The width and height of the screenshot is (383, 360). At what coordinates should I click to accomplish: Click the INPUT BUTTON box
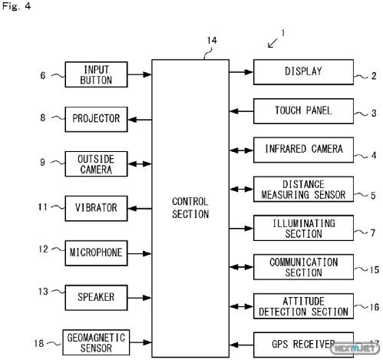(96, 74)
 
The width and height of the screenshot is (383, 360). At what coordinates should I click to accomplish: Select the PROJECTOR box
(96, 119)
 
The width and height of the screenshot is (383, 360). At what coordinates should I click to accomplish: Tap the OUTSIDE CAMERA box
(96, 163)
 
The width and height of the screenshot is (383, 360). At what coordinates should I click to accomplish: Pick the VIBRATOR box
(96, 208)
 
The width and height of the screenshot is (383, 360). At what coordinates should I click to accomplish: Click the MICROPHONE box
(96, 253)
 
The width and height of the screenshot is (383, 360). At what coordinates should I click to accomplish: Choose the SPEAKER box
(96, 298)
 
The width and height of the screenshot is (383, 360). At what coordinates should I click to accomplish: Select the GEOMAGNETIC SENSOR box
(96, 342)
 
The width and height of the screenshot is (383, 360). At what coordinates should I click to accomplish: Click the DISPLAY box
(303, 72)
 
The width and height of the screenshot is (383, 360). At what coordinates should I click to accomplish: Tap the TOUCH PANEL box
(303, 111)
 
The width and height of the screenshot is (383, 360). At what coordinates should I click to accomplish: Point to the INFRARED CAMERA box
(303, 150)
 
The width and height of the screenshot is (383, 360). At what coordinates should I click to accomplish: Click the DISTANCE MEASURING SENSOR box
(303, 189)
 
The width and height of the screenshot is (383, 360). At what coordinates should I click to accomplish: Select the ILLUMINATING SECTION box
(303, 228)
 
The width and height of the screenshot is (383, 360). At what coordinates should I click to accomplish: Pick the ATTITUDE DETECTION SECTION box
(303, 306)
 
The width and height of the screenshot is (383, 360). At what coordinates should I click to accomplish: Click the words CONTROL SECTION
(190, 208)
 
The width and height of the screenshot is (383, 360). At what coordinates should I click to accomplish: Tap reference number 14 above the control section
(212, 41)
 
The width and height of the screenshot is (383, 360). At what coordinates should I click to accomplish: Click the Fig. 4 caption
(17, 6)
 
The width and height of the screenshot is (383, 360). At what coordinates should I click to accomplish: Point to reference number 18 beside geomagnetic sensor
(39, 343)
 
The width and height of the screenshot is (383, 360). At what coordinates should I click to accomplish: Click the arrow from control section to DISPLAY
(241, 72)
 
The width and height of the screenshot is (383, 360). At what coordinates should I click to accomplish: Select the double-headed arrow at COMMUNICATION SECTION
(241, 267)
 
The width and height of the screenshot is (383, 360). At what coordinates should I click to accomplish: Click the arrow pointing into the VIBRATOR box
(140, 209)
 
